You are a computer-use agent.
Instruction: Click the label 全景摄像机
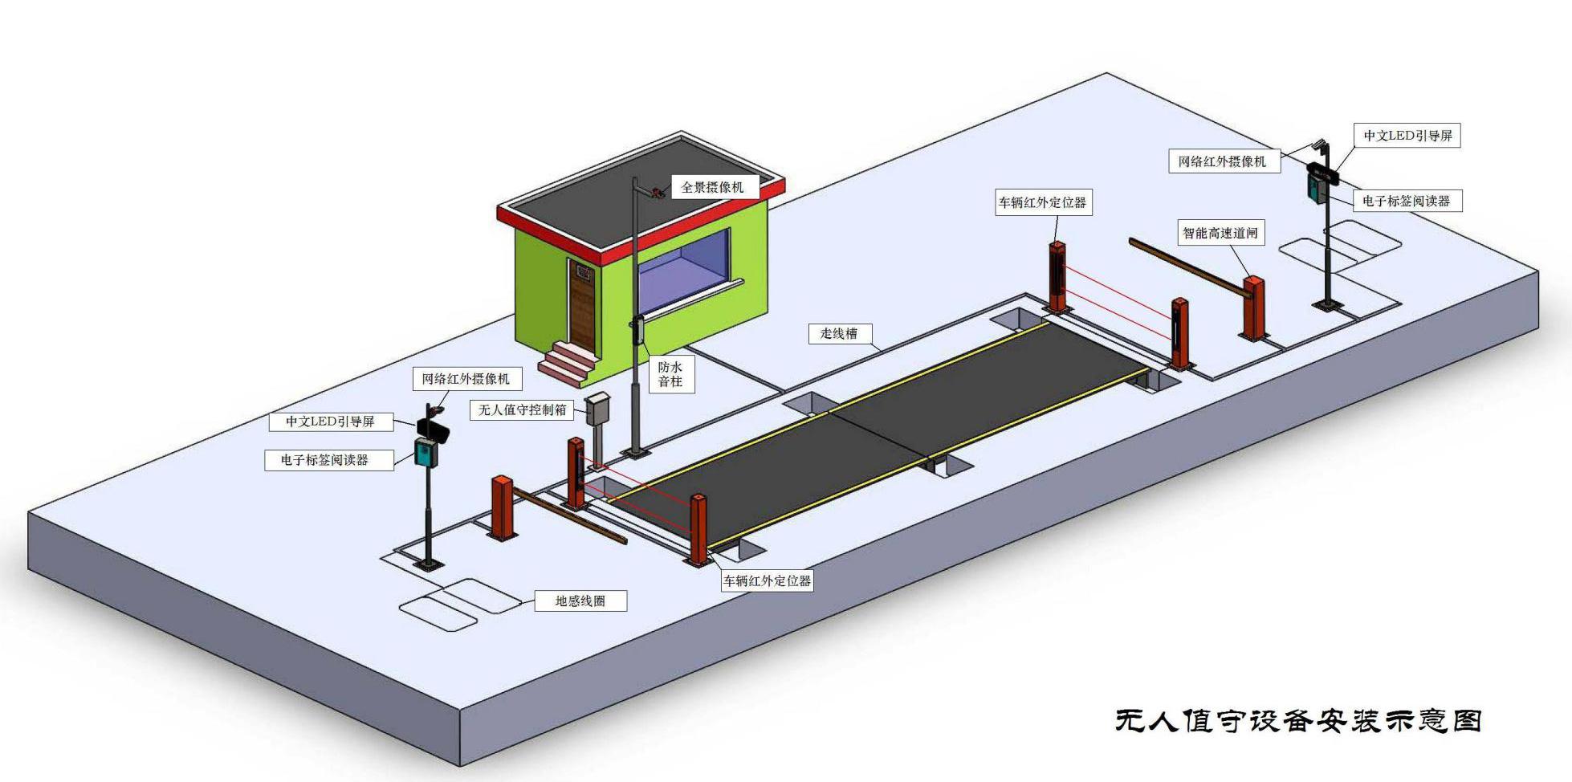tap(712, 187)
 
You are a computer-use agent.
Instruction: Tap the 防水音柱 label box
tap(670, 374)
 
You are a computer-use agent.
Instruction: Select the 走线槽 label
tap(838, 333)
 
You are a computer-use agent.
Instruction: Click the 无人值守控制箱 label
tap(522, 409)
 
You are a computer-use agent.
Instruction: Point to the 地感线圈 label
tap(580, 601)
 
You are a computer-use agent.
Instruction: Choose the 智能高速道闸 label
tap(1220, 233)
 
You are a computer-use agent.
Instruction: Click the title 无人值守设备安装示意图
tap(1297, 720)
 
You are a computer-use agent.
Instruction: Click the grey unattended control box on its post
tap(597, 409)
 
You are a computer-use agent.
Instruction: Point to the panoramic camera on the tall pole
tap(658, 191)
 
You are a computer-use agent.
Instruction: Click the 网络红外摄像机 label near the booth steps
tap(466, 378)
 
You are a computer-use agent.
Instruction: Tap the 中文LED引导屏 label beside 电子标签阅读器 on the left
tap(330, 421)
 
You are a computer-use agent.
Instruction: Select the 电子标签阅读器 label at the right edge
tap(1406, 201)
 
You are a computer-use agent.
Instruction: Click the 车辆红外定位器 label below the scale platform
tap(767, 580)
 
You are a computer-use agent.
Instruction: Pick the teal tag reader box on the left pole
tap(425, 452)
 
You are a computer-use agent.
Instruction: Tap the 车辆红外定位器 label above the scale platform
tap(1042, 202)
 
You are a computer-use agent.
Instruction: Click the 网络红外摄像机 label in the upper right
tap(1222, 161)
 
